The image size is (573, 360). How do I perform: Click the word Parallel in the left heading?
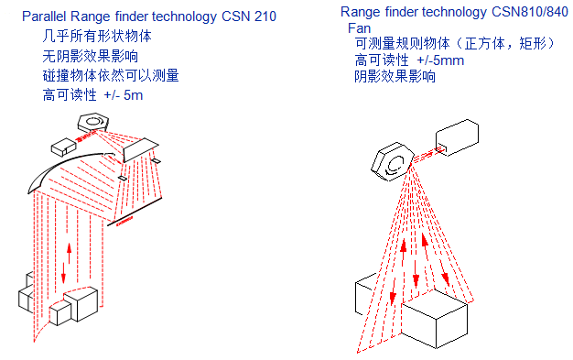click(45, 16)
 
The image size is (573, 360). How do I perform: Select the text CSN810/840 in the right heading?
click(530, 12)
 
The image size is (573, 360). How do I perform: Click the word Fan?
click(359, 28)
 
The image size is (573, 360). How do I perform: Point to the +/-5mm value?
click(440, 60)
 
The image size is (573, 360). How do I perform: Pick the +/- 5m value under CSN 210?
click(124, 95)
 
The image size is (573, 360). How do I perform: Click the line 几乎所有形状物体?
click(97, 36)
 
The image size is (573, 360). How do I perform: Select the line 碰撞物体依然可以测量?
click(111, 75)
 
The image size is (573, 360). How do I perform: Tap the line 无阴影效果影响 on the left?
click(91, 56)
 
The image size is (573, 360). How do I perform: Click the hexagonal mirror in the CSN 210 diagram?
click(93, 122)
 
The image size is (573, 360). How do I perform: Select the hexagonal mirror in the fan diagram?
click(392, 162)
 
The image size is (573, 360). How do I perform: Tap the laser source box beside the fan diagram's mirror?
click(457, 137)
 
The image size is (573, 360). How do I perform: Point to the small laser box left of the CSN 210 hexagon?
click(63, 147)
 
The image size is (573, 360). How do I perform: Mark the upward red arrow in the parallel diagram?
click(69, 253)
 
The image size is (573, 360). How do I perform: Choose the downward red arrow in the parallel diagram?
click(63, 273)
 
